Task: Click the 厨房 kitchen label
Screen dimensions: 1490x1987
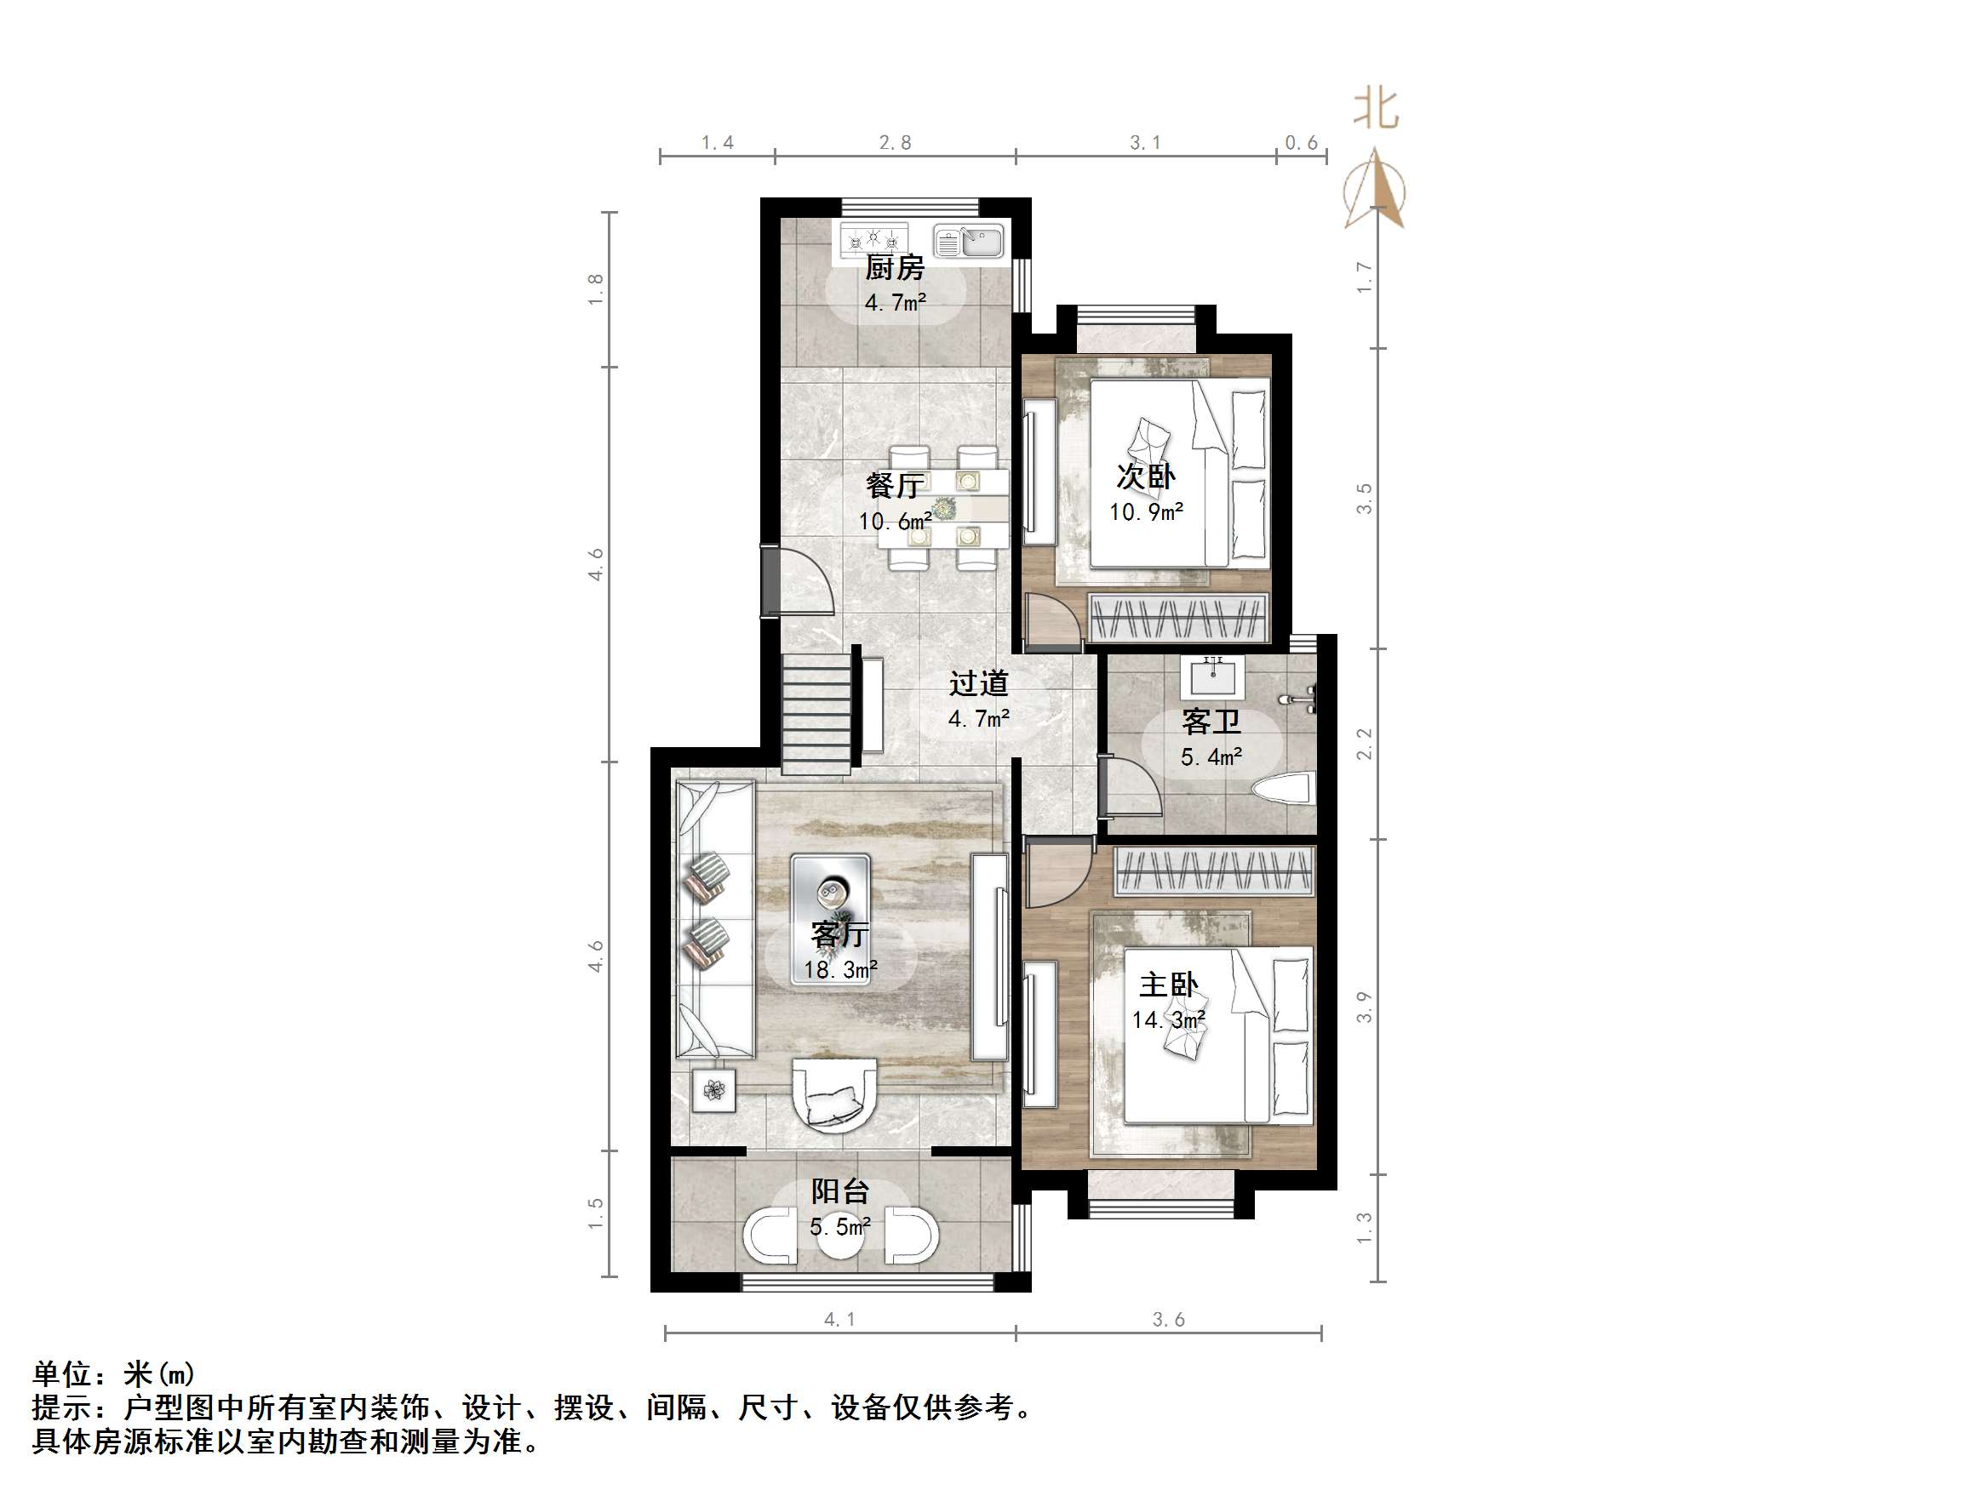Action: pyautogui.click(x=894, y=268)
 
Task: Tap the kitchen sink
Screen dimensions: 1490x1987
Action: pyautogui.click(x=967, y=242)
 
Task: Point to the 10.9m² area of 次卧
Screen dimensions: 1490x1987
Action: pyautogui.click(x=1146, y=512)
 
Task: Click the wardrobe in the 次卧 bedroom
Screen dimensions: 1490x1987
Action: pyautogui.click(x=1177, y=618)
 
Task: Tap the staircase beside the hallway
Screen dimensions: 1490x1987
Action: pyautogui.click(x=816, y=714)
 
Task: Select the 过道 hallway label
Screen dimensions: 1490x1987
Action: pyautogui.click(x=979, y=683)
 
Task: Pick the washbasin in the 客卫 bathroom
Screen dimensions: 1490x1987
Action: pyautogui.click(x=1215, y=676)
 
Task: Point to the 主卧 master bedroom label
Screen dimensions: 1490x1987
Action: pyautogui.click(x=1168, y=985)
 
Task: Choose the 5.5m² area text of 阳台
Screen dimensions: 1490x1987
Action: pyautogui.click(x=840, y=1227)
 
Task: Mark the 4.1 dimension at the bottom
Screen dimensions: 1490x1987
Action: pyautogui.click(x=839, y=1319)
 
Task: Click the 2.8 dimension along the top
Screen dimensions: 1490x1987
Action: pyautogui.click(x=895, y=143)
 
